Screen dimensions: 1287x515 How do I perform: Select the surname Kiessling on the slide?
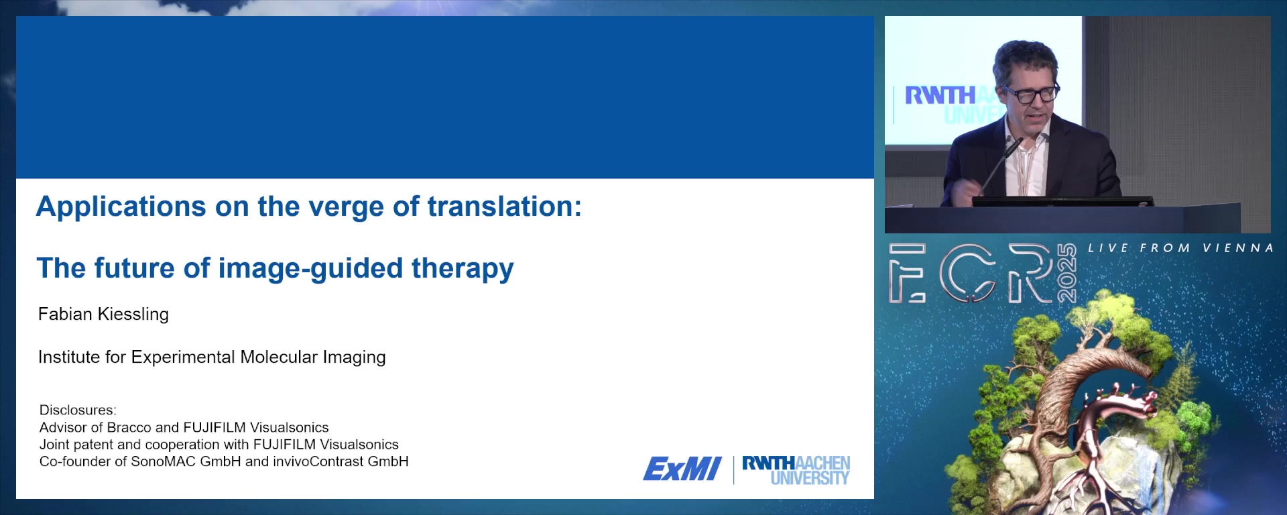(x=133, y=314)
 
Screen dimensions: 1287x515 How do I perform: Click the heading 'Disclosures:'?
(x=78, y=410)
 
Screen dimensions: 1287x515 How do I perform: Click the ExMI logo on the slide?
(x=682, y=469)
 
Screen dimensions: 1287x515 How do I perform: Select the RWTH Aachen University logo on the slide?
(x=796, y=470)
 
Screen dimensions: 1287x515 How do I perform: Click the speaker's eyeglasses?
(x=1031, y=93)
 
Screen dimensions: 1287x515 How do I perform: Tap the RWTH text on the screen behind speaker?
(x=940, y=95)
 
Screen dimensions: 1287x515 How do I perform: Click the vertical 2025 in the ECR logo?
(x=1066, y=273)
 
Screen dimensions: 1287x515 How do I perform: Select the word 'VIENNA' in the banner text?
(x=1238, y=248)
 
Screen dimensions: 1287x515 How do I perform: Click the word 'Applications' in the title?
(x=121, y=207)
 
